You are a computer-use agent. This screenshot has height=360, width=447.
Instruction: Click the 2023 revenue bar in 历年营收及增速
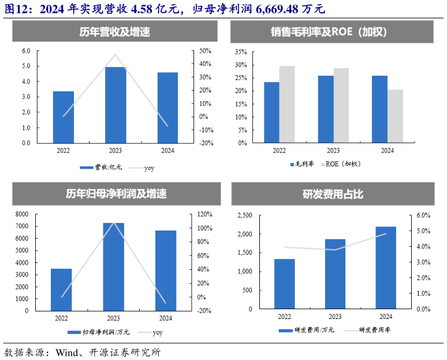[116, 105]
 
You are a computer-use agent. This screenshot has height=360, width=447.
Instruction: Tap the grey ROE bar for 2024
[395, 116]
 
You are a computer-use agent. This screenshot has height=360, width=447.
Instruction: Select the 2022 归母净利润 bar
[61, 290]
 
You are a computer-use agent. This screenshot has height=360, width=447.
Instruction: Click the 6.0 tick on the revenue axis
[26, 51]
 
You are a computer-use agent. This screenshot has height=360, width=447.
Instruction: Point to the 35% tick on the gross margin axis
[241, 51]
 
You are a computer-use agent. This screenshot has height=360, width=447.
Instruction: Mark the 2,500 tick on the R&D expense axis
[244, 216]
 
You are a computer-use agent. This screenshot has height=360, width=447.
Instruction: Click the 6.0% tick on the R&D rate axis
[423, 216]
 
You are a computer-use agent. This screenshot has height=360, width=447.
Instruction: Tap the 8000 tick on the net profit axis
[21, 214]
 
